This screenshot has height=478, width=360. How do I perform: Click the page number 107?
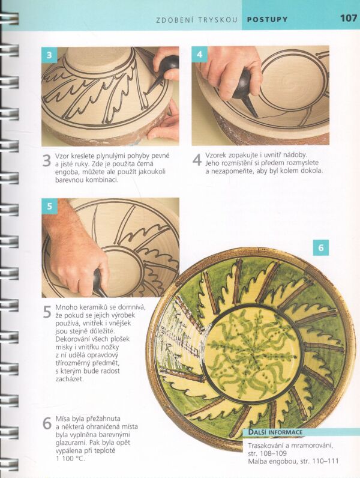(349, 18)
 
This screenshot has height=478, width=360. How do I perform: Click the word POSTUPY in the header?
(267, 19)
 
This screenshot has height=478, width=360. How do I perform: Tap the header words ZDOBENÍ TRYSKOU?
(196, 20)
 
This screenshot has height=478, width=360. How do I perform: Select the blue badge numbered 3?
(49, 55)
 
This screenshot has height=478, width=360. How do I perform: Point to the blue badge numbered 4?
(199, 54)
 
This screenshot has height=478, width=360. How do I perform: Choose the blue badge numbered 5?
(49, 206)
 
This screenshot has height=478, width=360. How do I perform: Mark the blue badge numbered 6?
(321, 247)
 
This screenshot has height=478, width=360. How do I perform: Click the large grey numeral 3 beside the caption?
(46, 161)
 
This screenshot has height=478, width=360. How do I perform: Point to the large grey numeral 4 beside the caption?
(197, 160)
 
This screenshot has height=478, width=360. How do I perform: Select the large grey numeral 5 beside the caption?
(47, 312)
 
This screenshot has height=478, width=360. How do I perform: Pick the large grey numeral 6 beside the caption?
(47, 423)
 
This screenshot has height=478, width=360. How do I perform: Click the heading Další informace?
(275, 432)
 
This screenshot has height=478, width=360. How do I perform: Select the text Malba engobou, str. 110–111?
(293, 461)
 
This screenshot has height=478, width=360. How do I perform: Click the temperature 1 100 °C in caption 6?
(70, 458)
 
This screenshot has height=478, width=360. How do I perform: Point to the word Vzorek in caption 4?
(215, 155)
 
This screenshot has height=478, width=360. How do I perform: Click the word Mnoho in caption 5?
(65, 307)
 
